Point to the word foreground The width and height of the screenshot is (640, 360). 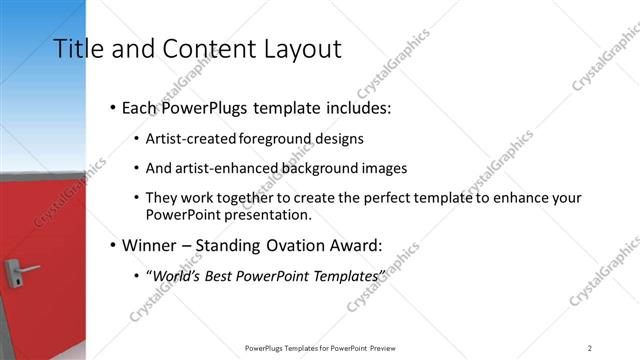pos(276,139)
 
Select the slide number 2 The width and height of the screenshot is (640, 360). pos(589,347)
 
